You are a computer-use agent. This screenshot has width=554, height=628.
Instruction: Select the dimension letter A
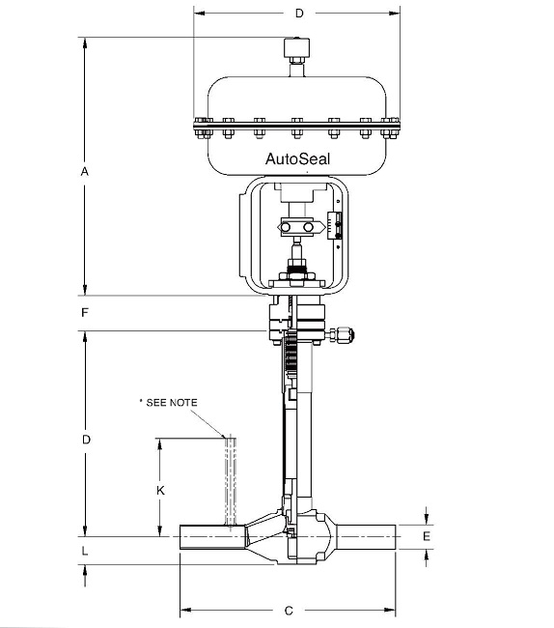click(85, 170)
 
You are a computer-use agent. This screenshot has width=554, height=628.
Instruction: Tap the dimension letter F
click(85, 313)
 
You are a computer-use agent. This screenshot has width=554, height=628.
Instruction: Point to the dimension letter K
click(161, 490)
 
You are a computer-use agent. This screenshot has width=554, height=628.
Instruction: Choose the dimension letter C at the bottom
click(289, 611)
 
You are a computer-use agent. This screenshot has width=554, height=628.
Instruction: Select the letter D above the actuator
click(298, 14)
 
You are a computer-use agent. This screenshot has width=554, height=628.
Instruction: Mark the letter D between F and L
click(85, 440)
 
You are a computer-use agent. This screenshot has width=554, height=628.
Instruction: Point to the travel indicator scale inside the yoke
click(337, 224)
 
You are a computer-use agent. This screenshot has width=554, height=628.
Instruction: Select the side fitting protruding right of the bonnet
click(344, 335)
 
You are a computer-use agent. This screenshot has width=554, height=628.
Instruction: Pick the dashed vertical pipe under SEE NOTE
click(230, 478)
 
